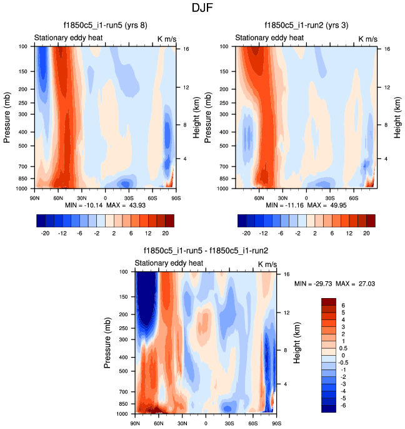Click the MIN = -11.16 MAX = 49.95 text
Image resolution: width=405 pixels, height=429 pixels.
pyautogui.click(x=305, y=205)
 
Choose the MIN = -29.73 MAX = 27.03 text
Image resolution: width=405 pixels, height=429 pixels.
pyautogui.click(x=334, y=284)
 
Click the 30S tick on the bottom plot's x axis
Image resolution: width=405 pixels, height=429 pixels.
pyautogui.click(x=229, y=423)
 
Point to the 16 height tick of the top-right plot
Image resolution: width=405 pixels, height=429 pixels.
pyautogui.click(x=387, y=48)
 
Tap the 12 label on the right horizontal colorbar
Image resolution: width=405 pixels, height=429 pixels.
pyautogui.click(x=350, y=232)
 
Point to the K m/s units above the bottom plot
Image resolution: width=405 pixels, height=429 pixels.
pyautogui.click(x=267, y=264)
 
